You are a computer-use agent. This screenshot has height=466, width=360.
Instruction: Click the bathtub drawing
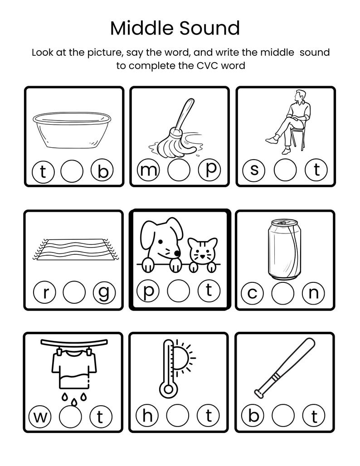coord(73,130)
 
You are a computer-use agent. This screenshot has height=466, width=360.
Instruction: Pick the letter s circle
coord(254,171)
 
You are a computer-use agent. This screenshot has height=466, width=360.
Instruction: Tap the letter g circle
coord(104,294)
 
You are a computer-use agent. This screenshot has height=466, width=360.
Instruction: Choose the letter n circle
coord(313,293)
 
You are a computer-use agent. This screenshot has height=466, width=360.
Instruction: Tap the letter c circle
coord(253,293)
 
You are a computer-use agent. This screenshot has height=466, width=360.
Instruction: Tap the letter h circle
coord(147,415)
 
